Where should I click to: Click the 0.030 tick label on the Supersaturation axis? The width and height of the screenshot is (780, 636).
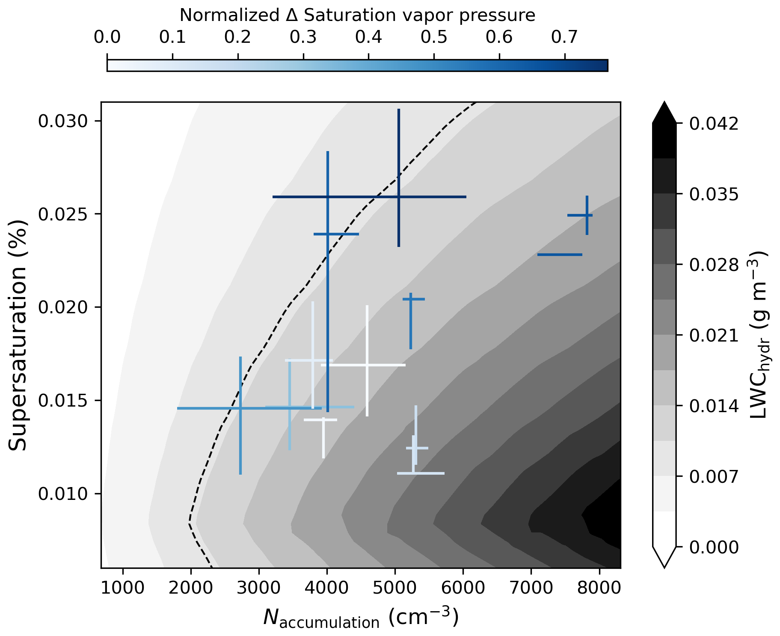[65, 121]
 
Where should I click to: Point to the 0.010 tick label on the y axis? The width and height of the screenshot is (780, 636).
[65, 493]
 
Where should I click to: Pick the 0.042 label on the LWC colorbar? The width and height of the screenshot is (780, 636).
[714, 124]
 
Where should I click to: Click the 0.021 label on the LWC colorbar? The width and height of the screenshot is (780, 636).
[714, 335]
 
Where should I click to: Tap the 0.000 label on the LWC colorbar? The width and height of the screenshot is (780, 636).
[714, 547]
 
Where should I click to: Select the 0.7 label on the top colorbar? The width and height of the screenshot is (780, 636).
[564, 37]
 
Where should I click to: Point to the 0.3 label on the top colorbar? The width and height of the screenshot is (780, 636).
[303, 37]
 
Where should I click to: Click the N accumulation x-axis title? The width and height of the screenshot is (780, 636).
[361, 617]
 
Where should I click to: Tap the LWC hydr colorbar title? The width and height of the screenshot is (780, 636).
[759, 335]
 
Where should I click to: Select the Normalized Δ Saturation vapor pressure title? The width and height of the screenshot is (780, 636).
[357, 15]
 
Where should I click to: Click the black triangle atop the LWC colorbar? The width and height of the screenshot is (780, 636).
[664, 112]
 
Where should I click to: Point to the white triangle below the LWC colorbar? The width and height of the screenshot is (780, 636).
[664, 557]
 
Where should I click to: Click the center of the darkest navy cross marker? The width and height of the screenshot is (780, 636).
[398, 197]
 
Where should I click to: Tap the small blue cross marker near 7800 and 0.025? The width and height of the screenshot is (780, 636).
[587, 215]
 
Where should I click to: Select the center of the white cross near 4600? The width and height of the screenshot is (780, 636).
[367, 365]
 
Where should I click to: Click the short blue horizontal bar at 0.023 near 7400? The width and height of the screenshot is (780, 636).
[560, 255]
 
